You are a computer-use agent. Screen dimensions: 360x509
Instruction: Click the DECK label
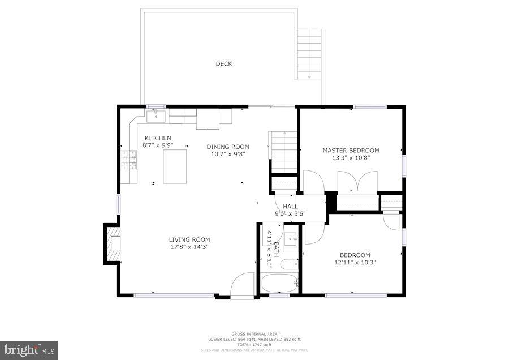click(224, 64)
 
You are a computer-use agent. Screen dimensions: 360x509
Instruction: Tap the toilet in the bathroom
click(290, 264)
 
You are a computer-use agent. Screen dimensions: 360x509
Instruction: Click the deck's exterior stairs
click(310, 54)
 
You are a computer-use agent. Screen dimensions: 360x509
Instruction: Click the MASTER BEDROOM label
click(351, 151)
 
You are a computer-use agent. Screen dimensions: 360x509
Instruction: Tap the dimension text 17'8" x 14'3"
click(189, 247)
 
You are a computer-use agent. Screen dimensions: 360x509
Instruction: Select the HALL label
click(290, 207)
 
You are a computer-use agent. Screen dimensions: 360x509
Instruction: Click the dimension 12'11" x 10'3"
click(355, 263)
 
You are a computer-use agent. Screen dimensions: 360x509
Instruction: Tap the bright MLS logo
click(29, 349)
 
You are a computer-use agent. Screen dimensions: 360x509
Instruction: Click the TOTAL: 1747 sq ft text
click(254, 344)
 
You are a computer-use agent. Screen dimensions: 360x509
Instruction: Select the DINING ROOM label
click(227, 147)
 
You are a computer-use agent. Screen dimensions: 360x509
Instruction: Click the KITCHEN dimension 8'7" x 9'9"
click(157, 145)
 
